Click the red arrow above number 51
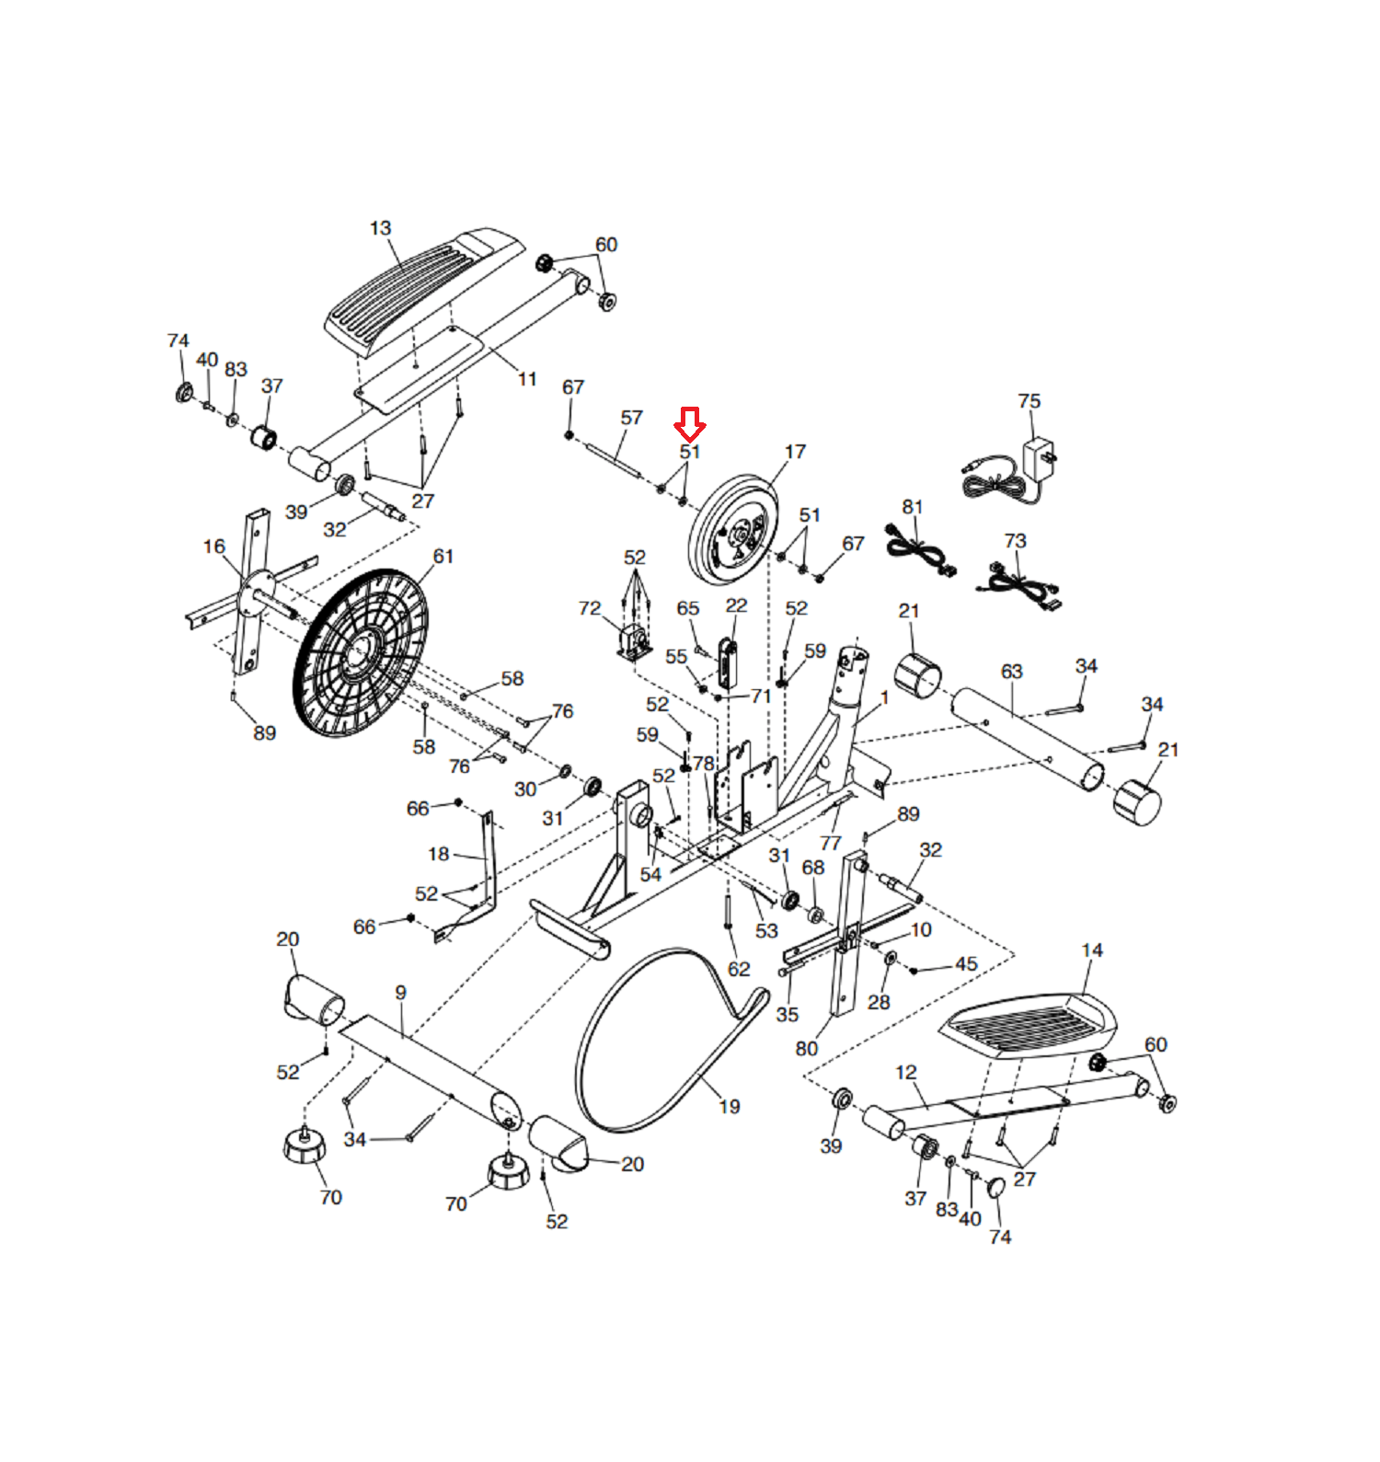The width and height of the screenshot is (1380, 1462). coord(690,423)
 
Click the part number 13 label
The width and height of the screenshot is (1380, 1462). coord(381,228)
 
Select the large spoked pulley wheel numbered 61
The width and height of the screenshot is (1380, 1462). coord(361,652)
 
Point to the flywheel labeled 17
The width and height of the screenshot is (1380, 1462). coord(734,530)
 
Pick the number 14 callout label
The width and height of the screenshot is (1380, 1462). coord(1092,950)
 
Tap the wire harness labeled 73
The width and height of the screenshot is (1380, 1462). coord(1019,585)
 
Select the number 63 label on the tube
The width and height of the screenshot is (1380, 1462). coord(1012,672)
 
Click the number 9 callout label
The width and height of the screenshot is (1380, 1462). coord(401,994)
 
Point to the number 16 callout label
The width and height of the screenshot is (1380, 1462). coord(214,547)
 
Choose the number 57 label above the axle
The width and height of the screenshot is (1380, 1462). coord(631,418)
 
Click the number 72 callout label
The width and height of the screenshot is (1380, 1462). coord(590,608)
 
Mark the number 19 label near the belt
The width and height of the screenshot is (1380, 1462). coord(730,1107)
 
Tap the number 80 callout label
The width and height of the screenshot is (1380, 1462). coord(807,1049)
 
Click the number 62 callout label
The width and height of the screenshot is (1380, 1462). coord(739,969)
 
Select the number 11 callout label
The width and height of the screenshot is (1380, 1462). coord(527,379)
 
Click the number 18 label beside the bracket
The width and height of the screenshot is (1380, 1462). coord(439,855)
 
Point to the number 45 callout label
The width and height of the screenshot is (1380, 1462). coord(966,964)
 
